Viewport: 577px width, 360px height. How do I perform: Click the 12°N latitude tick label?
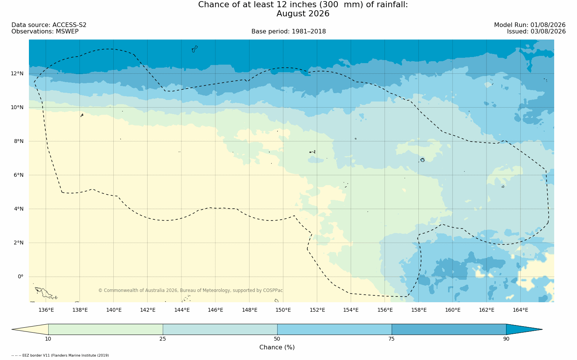click(17, 74)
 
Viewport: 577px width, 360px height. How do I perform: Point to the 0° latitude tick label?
click(21, 277)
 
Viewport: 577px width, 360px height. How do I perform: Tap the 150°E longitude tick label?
click(283, 310)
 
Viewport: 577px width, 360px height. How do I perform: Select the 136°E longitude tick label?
click(46, 310)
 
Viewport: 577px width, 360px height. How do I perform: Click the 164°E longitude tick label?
click(520, 310)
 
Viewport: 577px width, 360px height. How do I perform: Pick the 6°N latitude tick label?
click(19, 175)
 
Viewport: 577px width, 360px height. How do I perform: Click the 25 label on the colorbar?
click(162, 339)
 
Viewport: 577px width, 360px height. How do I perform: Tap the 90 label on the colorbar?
click(506, 339)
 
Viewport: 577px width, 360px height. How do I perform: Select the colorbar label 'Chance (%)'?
click(277, 347)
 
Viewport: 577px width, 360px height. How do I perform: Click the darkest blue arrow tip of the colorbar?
click(542, 329)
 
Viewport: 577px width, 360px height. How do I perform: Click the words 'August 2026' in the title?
click(303, 14)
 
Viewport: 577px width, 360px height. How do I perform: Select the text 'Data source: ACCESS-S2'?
click(49, 25)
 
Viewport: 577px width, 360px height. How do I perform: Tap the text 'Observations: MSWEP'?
click(45, 32)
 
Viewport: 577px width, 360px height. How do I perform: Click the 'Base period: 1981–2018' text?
click(288, 32)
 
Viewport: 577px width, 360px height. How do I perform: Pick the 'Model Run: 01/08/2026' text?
click(529, 25)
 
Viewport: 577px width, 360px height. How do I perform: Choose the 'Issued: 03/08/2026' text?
click(536, 32)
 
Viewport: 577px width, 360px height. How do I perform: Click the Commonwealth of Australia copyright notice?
click(190, 290)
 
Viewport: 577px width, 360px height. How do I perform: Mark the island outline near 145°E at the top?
click(195, 49)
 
